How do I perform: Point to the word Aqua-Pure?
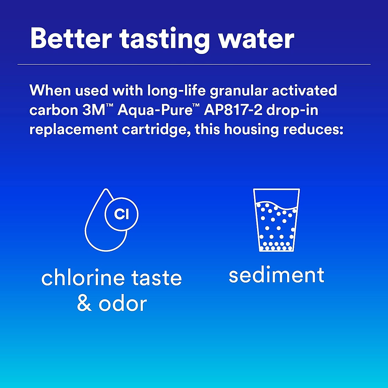point(155,111)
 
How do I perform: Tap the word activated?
point(304,91)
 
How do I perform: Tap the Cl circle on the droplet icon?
point(122,214)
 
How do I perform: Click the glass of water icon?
point(276,220)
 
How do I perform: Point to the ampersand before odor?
point(84,304)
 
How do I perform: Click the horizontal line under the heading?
point(194,64)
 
